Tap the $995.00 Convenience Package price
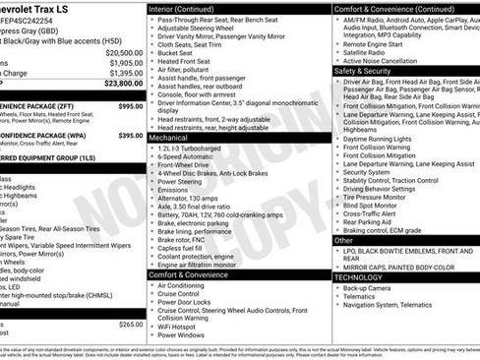130,105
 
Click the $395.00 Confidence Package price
130,136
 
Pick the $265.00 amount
131,324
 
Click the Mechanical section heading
168,139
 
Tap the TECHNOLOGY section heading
365,277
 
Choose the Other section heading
343,240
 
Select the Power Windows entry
184,334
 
